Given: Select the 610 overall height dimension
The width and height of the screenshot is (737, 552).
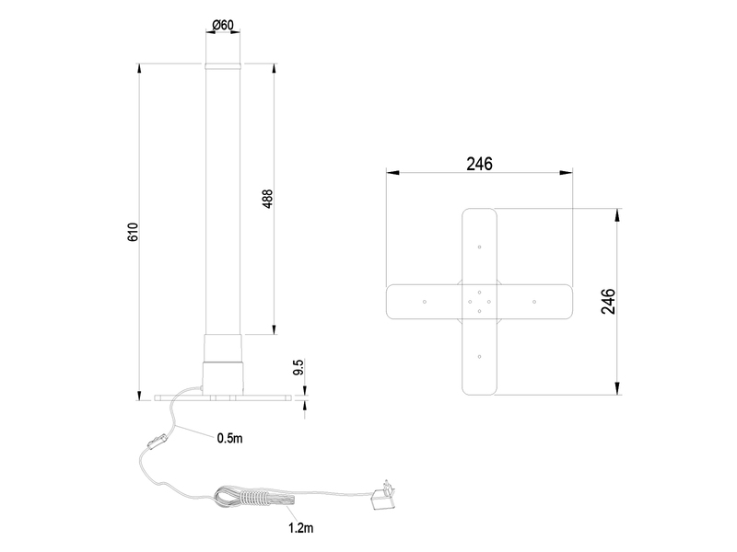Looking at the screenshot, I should click(x=133, y=232).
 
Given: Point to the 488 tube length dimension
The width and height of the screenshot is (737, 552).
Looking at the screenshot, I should click(x=268, y=199).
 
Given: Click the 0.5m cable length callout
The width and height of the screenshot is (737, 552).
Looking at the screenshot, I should click(x=229, y=438).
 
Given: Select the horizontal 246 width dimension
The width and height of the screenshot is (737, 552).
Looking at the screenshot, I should click(x=479, y=164).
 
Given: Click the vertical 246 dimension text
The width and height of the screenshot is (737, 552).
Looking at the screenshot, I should click(x=608, y=302).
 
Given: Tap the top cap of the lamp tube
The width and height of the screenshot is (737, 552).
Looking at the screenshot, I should click(x=221, y=66).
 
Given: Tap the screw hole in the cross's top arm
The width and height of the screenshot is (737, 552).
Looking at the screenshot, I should click(x=479, y=247).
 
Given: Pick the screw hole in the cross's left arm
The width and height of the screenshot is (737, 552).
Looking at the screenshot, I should click(x=423, y=301).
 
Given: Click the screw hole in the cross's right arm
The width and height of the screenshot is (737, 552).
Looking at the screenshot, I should click(x=534, y=301).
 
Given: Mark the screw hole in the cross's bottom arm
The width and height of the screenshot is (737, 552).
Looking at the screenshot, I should click(x=479, y=355).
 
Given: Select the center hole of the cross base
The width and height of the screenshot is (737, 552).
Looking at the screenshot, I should click(x=479, y=301).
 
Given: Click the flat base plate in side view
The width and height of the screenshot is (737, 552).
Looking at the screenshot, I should click(x=221, y=398).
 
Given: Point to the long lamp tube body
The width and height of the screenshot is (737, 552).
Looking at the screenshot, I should click(x=221, y=202).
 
